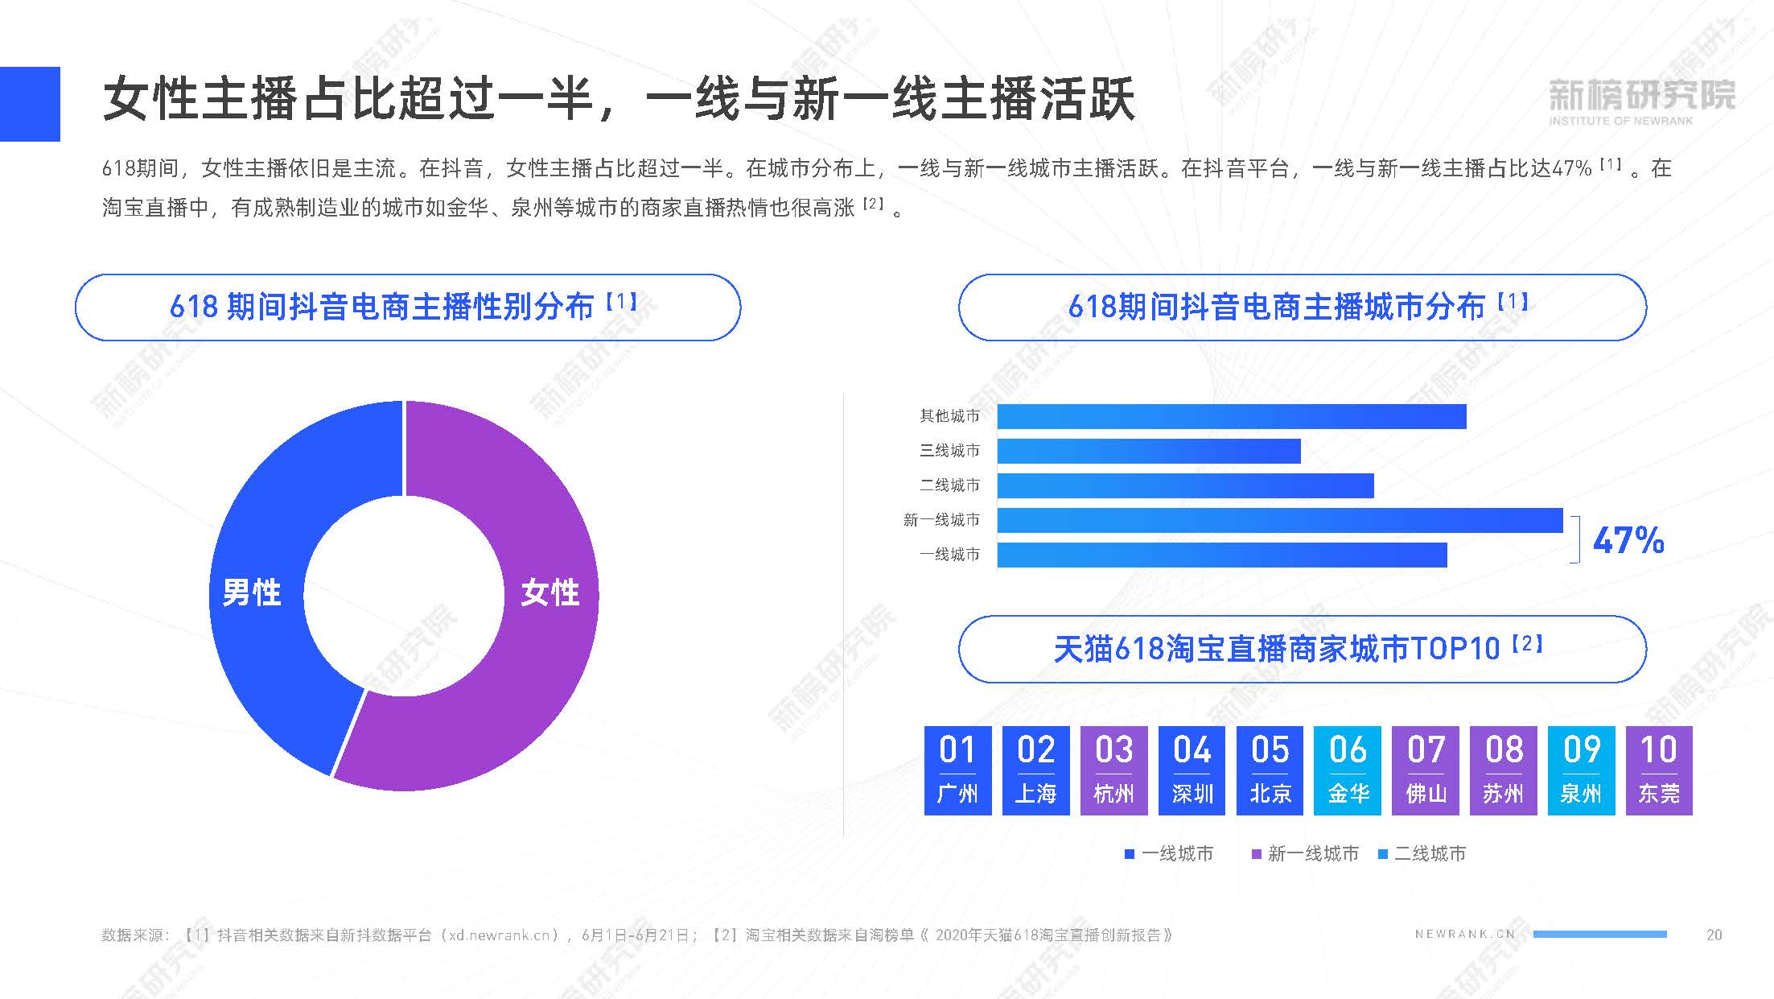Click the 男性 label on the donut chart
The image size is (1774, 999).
click(252, 592)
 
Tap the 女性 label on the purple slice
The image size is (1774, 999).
click(549, 592)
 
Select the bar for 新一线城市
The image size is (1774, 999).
click(1279, 520)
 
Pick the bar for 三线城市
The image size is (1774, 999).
click(1148, 451)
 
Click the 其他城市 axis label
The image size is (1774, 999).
click(949, 416)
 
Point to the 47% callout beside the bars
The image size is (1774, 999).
click(1628, 540)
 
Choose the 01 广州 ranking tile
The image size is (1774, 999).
click(957, 770)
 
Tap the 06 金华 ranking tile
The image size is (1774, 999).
click(1348, 770)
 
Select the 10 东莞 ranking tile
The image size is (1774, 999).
click(1659, 770)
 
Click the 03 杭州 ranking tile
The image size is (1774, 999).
click(1113, 770)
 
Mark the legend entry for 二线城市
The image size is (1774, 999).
click(1422, 853)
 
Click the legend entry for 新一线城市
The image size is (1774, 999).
click(1305, 853)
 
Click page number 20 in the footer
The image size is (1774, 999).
click(1714, 935)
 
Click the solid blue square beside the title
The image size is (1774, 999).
click(30, 104)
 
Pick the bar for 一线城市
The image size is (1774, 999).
click(1221, 555)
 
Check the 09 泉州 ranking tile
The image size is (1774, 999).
click(1581, 770)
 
